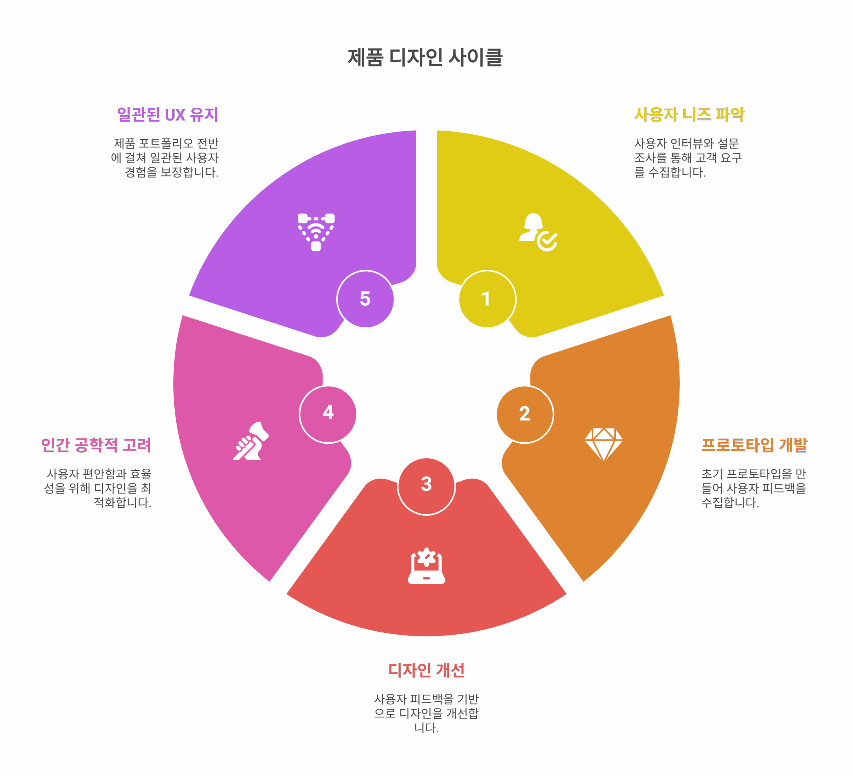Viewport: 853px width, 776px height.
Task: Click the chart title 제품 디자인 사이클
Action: (425, 57)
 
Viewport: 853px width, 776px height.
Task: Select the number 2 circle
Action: (525, 414)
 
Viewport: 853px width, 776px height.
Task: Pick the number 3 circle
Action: (426, 486)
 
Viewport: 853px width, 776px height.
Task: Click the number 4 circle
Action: (328, 414)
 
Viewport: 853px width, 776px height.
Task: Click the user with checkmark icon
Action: (538, 232)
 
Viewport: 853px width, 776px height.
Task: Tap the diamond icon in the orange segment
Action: (604, 444)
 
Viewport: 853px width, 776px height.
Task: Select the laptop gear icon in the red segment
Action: (426, 566)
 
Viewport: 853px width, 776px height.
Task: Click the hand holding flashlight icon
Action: (251, 441)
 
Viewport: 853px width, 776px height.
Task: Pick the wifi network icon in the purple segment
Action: (316, 232)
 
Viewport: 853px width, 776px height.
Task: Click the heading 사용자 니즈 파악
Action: (689, 115)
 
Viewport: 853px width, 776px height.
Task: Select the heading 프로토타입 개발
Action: (754, 445)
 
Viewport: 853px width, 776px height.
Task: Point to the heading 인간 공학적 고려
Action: (96, 445)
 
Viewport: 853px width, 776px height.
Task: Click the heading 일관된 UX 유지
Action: (168, 115)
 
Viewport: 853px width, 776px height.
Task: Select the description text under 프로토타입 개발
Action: (754, 488)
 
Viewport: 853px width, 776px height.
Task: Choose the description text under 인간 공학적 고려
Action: (98, 488)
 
